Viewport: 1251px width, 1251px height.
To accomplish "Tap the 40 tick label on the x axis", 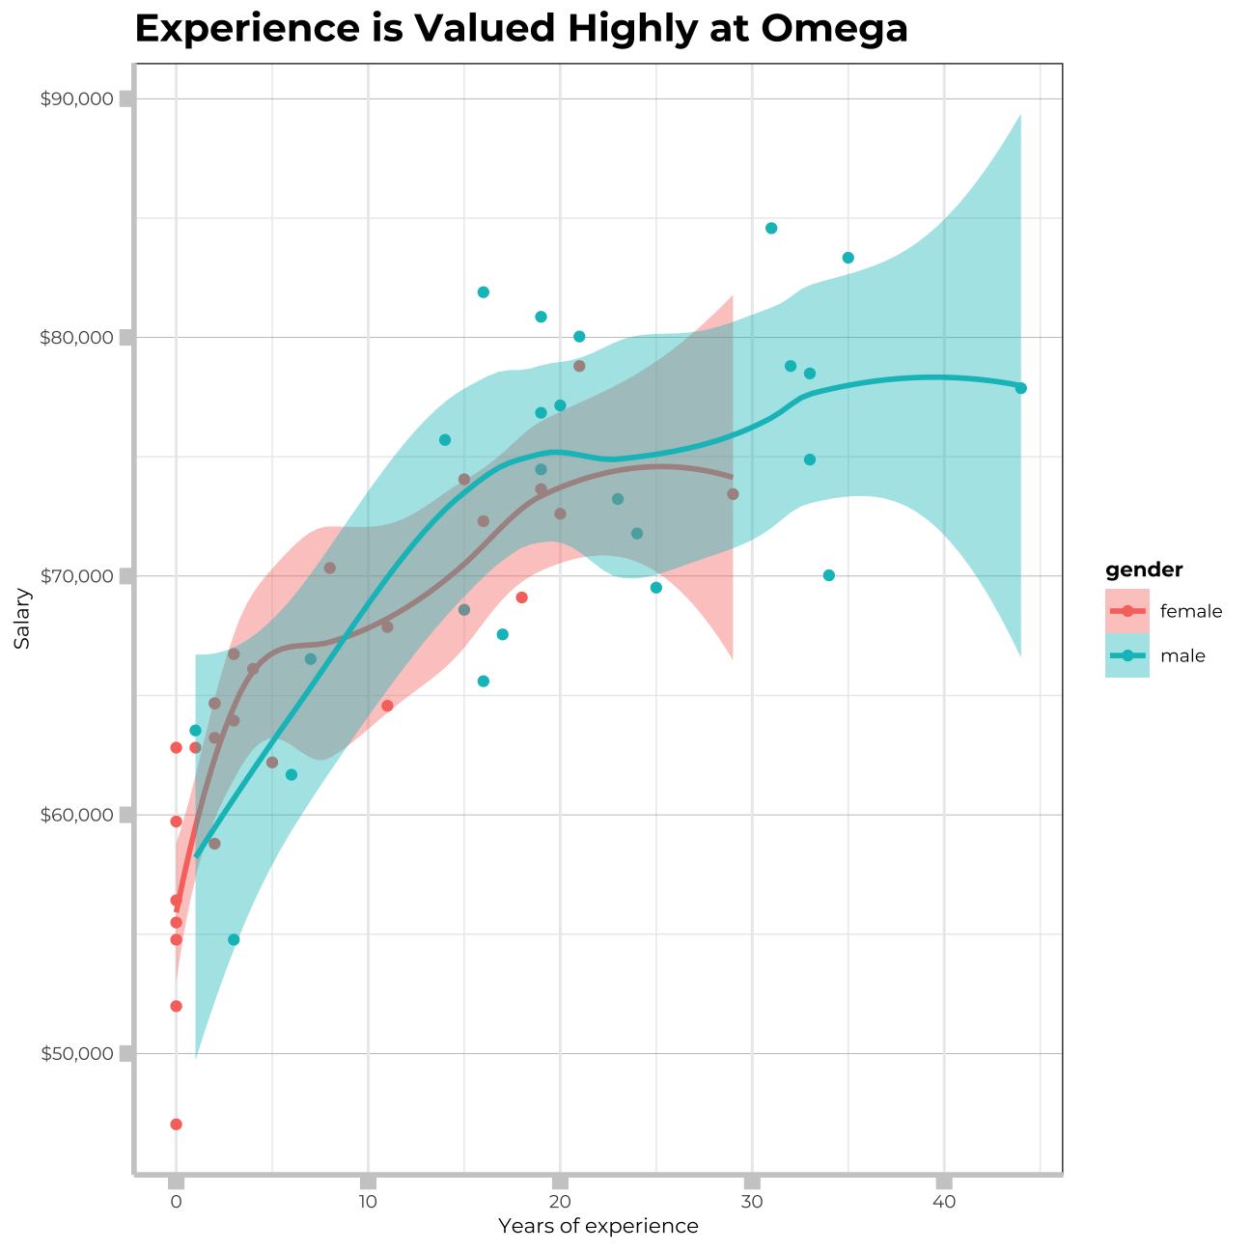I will point(944,1202).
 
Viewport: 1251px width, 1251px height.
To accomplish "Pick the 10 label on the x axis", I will point(367,1202).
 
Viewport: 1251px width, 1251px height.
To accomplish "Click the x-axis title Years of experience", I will point(598,1227).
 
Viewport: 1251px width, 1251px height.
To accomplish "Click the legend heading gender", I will point(1145,570).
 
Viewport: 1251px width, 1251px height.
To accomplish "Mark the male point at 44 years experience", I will point(1020,388).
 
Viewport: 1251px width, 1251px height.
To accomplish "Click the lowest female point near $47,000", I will point(176,1125).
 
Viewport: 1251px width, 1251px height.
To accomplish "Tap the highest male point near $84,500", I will point(771,228).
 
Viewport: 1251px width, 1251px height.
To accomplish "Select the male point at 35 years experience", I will point(848,258).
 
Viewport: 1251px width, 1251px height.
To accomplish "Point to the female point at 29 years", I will point(733,494).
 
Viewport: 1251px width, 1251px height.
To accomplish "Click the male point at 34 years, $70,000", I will point(828,575).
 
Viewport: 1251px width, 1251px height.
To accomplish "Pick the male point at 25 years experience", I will point(656,588).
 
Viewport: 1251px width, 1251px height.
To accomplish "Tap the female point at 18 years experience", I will point(521,598).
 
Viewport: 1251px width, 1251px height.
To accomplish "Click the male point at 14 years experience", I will point(445,440).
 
